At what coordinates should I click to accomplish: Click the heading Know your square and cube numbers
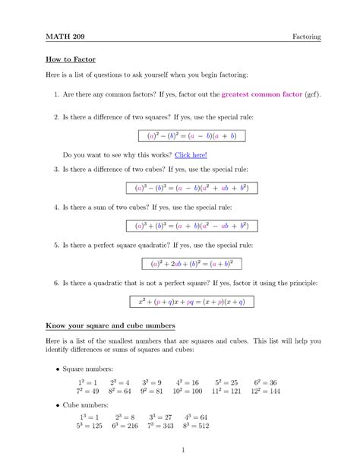click(x=110, y=326)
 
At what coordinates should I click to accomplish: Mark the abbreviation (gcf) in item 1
click(x=311, y=97)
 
